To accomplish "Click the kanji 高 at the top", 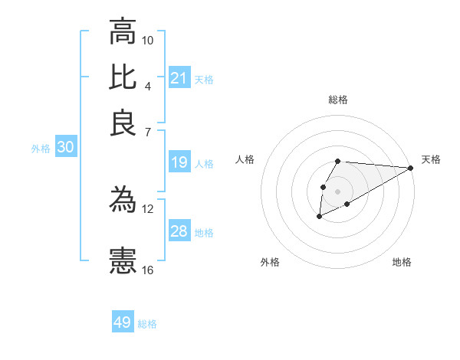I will [x=123, y=32].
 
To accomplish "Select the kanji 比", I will [x=123, y=77].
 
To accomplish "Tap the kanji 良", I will [x=123, y=123].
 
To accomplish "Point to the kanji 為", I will [x=123, y=201].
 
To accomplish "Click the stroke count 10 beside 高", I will [x=148, y=40].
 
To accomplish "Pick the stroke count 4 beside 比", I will [x=147, y=86].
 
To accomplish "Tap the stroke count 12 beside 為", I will [x=148, y=208].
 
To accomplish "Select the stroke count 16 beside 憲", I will [x=148, y=270].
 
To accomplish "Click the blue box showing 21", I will [x=179, y=78].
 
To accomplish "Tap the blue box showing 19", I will [x=179, y=162].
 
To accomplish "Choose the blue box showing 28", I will [x=179, y=231].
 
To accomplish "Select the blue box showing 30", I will [x=66, y=149].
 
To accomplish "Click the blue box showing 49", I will [x=123, y=322].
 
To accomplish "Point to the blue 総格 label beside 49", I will [x=147, y=324].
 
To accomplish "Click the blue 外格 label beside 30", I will [x=41, y=149].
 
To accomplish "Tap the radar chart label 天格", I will [x=431, y=159].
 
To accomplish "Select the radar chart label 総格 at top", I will [x=338, y=100].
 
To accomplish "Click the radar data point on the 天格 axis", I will [x=410, y=168].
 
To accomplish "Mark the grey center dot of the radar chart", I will [x=337, y=190].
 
